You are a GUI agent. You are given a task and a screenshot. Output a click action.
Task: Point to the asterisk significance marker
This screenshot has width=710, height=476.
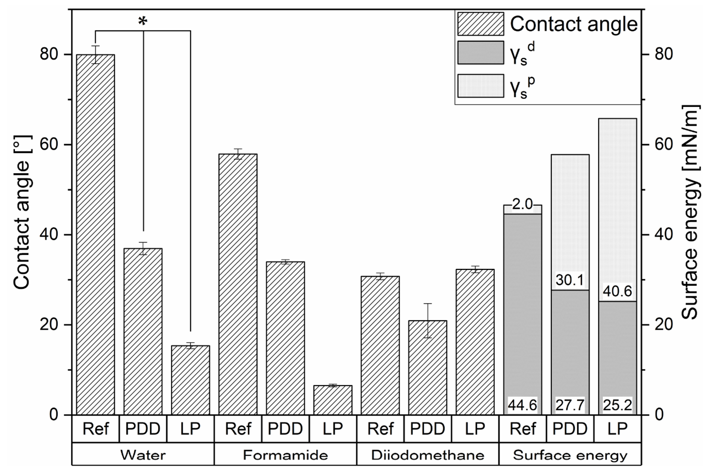point(143,22)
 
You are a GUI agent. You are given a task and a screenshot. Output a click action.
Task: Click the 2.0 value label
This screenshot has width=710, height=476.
point(522,205)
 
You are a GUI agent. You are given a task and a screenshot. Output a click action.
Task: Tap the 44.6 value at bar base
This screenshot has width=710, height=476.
point(522,406)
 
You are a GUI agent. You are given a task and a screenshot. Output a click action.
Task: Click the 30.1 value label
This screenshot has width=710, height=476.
point(569,280)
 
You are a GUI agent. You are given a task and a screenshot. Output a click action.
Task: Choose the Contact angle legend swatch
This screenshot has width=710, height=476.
point(480,24)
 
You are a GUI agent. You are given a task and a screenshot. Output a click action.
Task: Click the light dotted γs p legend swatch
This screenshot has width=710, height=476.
point(480,86)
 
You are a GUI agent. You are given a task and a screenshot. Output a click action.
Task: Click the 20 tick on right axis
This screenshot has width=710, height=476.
point(663,325)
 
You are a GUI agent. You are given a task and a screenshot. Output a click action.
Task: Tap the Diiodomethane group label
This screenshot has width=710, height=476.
point(427,455)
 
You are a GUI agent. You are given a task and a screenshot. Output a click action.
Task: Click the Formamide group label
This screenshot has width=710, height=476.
point(285,455)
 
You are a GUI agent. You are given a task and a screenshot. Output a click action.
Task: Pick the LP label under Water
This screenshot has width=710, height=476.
point(190,429)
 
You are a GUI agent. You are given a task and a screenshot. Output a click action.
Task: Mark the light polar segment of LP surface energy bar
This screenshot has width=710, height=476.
point(617,206)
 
